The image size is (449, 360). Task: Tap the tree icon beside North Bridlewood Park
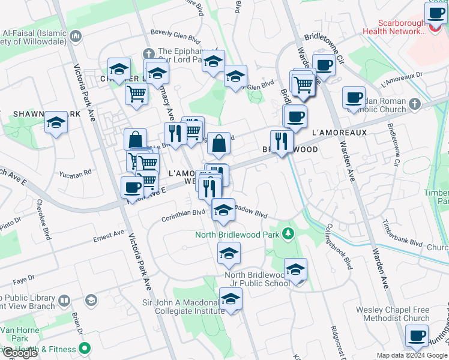pyautogui.click(x=289, y=232)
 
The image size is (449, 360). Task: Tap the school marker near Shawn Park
pyautogui.click(x=56, y=122)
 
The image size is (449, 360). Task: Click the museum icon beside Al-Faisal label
pyautogui.click(x=76, y=37)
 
